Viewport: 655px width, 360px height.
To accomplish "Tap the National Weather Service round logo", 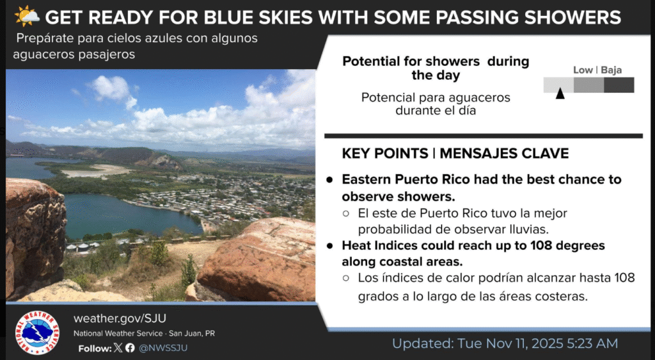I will tap(37, 333).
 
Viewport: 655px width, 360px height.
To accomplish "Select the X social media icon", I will tap(117, 348).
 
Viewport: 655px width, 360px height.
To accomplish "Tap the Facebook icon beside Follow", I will tap(130, 348).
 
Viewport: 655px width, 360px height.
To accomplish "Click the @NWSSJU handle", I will tap(163, 348).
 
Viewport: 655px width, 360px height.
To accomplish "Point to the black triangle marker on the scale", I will tap(560, 94).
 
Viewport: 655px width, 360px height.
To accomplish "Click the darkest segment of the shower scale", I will tap(619, 85).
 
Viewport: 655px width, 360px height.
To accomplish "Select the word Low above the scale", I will tap(583, 70).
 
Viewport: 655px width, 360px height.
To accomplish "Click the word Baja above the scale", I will tap(611, 70).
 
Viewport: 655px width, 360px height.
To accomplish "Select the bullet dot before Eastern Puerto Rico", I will tap(329, 180).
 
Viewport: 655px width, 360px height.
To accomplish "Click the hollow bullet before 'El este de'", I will tap(345, 213).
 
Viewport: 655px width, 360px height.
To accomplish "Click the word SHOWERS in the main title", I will tap(571, 17).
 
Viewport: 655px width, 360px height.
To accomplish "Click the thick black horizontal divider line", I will tap(483, 136).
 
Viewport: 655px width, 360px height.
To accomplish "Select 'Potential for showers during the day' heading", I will tap(436, 68).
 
